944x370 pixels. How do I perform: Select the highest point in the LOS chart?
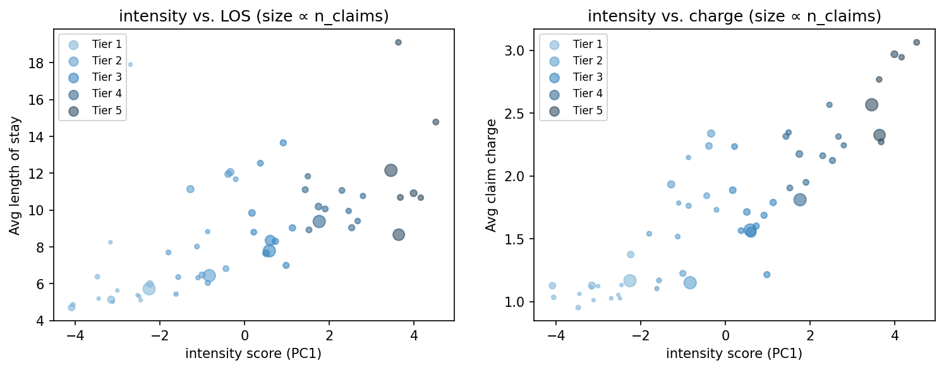[398, 42]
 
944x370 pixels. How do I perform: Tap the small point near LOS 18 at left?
[130, 64]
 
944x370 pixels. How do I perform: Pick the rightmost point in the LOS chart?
[435, 122]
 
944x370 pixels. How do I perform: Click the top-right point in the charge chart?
[916, 42]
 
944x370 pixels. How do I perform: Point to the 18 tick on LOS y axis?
[39, 63]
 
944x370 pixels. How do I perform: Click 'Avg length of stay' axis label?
[15, 176]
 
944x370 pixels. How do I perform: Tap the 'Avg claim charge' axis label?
[491, 176]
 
